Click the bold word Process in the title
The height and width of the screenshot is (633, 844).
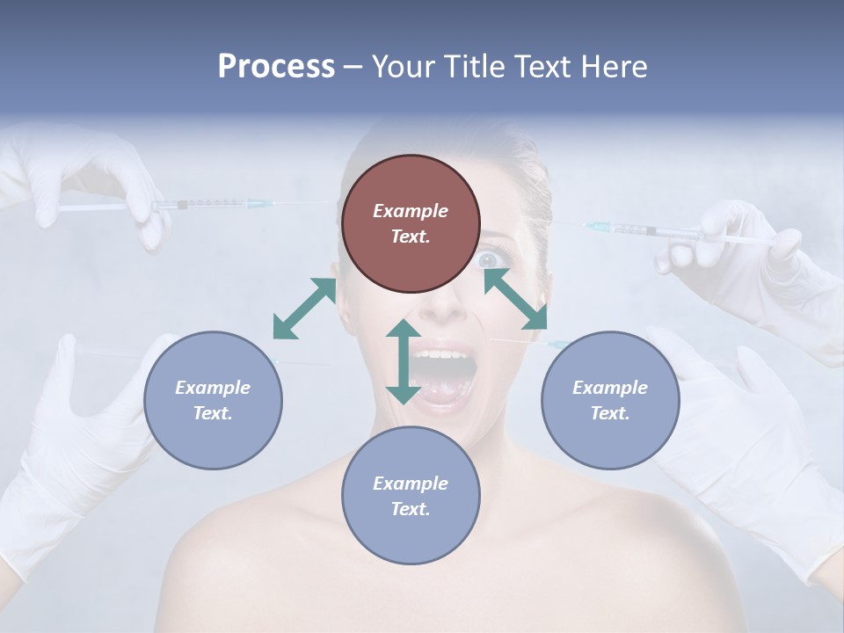tap(276, 66)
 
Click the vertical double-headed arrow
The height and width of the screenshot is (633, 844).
tap(404, 361)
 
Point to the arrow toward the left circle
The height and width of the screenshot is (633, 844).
tap(304, 308)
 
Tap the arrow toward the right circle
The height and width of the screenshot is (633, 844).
tap(515, 299)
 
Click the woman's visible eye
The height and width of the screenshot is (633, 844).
tap(489, 259)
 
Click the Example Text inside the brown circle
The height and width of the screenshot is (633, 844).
tap(411, 223)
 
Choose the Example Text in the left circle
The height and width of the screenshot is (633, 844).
tap(213, 400)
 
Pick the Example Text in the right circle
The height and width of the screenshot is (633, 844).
tap(610, 400)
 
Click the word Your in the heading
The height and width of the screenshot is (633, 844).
tap(400, 66)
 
